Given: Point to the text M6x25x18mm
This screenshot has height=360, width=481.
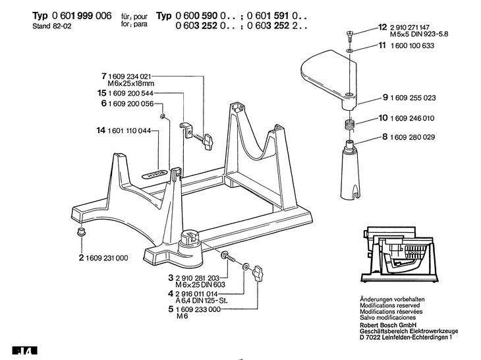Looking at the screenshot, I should click(x=130, y=84).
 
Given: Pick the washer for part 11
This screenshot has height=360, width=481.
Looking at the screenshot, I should click(x=349, y=49).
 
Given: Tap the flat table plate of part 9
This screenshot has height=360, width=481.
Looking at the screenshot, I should click(x=323, y=73).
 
